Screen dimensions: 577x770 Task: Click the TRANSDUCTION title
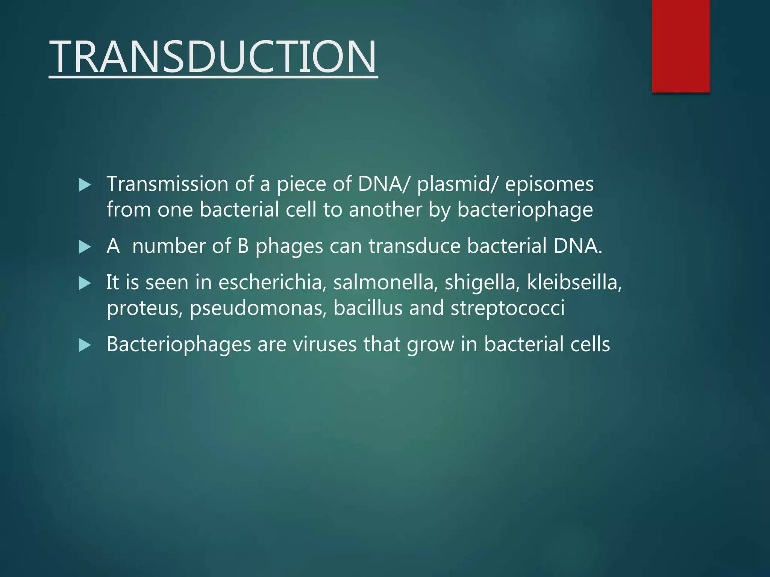[x=213, y=57]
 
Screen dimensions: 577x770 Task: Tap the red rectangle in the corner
[x=681, y=46]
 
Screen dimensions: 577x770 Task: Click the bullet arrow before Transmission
[x=85, y=185]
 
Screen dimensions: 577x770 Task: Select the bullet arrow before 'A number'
[x=85, y=247]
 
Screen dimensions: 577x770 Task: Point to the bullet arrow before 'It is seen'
[x=85, y=283]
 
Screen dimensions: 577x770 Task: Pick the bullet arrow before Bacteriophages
[x=85, y=345]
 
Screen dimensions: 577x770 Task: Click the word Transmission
[x=168, y=184]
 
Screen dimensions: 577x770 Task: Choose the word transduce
[x=414, y=246]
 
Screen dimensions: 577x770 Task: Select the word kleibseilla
[x=574, y=282]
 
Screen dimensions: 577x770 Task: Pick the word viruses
[x=325, y=344]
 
